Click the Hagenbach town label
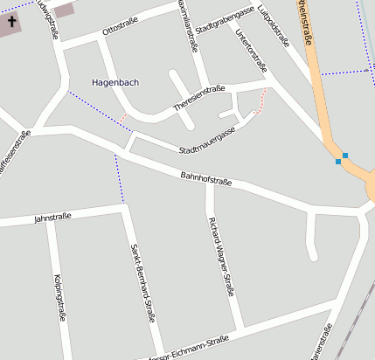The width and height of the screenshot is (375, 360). (x=115, y=82)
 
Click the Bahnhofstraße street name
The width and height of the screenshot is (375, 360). (x=206, y=180)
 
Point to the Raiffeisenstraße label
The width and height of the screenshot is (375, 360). (x=16, y=149)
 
